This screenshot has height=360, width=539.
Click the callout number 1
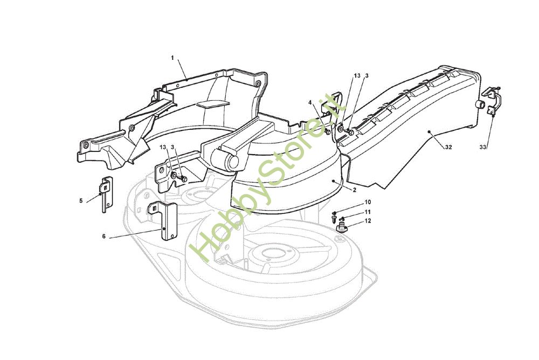(x=172, y=58)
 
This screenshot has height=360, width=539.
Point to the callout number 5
(x=81, y=200)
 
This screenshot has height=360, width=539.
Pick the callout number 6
(x=103, y=236)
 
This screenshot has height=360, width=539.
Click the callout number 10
(x=368, y=202)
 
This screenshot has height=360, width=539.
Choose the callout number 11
(x=368, y=212)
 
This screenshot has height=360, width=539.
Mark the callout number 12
(x=368, y=221)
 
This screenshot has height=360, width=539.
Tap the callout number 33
(x=483, y=147)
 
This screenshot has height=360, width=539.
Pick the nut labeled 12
(x=342, y=229)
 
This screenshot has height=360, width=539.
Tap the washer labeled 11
(x=342, y=218)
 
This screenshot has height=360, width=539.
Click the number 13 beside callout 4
(x=357, y=76)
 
